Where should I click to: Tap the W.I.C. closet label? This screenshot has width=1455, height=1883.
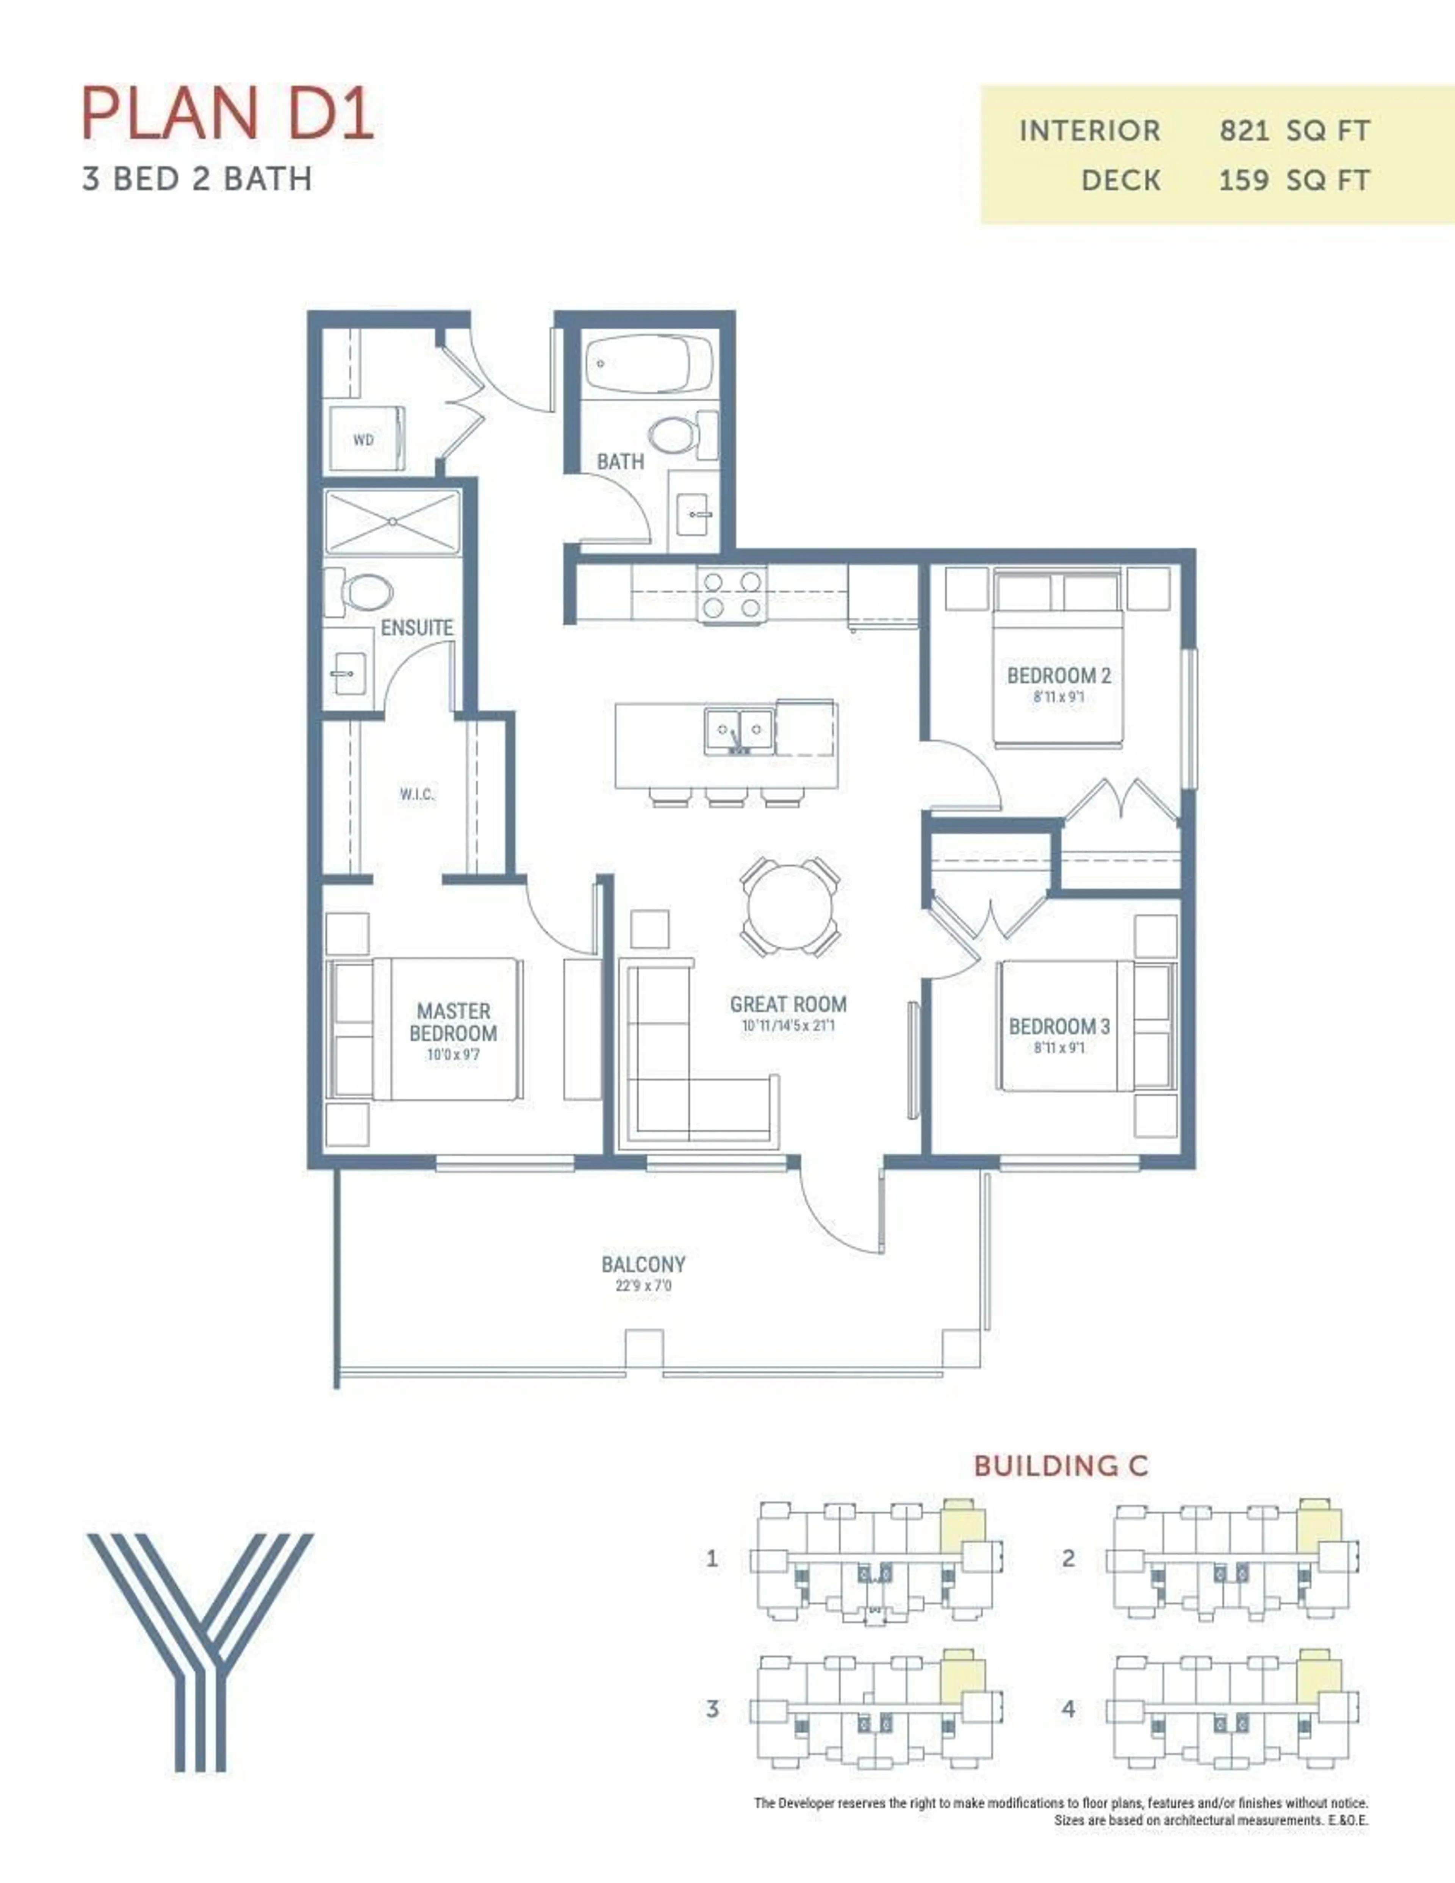(416, 794)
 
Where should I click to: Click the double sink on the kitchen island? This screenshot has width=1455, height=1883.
(738, 731)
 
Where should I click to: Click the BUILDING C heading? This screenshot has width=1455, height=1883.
(1061, 1466)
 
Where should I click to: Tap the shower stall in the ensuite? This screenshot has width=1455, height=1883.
(392, 521)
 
